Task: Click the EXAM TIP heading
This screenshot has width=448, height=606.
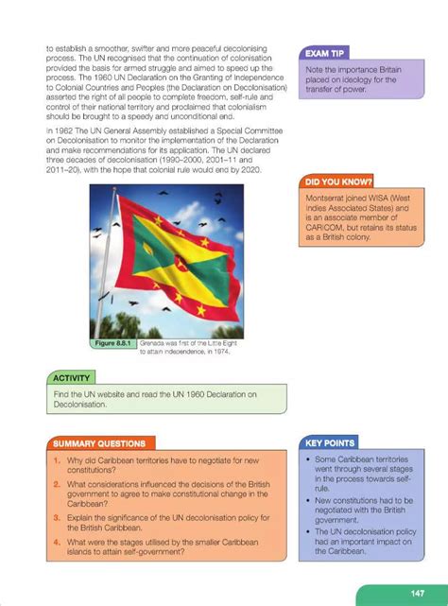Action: [x=325, y=54]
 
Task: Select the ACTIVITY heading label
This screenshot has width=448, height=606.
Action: [x=72, y=377]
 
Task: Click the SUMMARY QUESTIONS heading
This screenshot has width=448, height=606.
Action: [x=99, y=442]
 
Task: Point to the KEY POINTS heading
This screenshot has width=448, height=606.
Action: [x=330, y=442]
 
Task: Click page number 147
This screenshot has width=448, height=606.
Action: [x=416, y=593]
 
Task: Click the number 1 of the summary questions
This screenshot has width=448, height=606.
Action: [x=58, y=461]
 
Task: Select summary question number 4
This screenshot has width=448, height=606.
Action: [x=58, y=542]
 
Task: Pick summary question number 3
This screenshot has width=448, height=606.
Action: [x=58, y=517]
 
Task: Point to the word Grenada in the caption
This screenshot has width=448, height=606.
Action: [x=155, y=343]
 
